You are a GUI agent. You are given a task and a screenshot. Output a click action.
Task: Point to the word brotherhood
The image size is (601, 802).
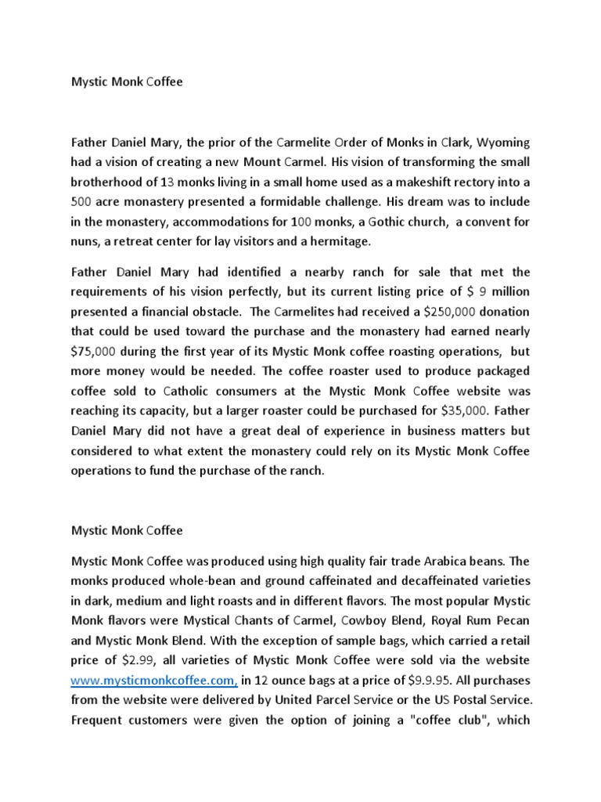pos(107,182)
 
